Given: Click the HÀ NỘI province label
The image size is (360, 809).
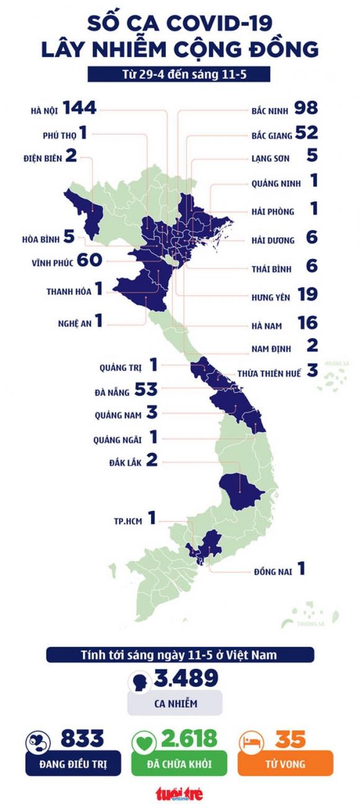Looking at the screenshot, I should point(45,111).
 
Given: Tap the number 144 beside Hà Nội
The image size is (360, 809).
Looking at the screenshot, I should point(79,109).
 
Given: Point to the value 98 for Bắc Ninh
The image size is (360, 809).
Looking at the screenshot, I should point(307,109).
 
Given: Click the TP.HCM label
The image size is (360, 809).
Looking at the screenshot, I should point(126,521).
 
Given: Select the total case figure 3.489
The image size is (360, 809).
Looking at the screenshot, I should point(184,679).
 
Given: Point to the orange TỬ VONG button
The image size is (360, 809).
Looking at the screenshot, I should point(286,764).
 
